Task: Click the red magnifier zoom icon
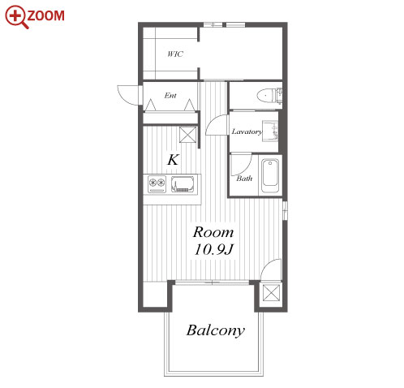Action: tap(16, 17)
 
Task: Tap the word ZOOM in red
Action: tap(45, 15)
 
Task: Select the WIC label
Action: tap(175, 54)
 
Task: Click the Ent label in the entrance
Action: tap(170, 95)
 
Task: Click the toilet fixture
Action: tap(269, 96)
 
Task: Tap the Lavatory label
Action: tap(247, 131)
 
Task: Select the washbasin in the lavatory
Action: tap(270, 131)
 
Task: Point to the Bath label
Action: tap(244, 179)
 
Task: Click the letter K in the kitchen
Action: tap(173, 160)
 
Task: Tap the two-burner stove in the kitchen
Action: tap(157, 183)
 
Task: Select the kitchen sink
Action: tap(183, 184)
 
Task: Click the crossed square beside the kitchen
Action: tap(188, 134)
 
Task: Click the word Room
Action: tap(213, 232)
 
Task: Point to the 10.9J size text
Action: tap(213, 249)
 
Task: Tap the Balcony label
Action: tap(216, 330)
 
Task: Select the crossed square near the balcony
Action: tap(272, 292)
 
